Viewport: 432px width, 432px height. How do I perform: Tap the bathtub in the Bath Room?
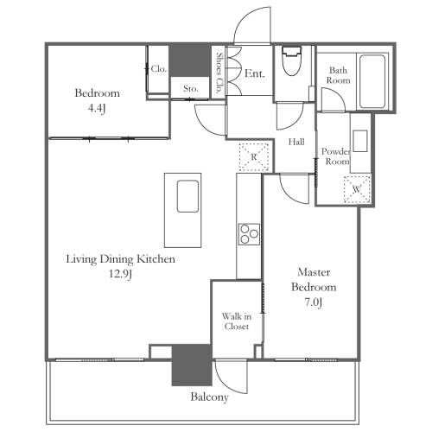372,81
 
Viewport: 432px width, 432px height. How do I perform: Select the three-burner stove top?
249,234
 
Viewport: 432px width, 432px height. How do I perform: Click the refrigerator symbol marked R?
254,157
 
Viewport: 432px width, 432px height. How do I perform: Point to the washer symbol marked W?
357,189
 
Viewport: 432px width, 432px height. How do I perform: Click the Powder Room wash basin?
360,141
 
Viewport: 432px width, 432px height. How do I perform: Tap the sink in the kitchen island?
187,196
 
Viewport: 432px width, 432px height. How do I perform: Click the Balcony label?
209,397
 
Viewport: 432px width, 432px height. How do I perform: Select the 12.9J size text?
120,274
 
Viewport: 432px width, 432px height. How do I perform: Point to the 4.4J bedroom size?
97,108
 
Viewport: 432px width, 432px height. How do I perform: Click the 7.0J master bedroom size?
314,302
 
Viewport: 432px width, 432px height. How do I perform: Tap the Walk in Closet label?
237,321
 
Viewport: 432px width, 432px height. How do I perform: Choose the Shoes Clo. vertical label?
219,73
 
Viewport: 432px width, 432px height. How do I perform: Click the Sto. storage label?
191,88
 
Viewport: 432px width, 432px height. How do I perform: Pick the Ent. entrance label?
255,73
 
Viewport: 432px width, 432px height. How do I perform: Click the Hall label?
296,142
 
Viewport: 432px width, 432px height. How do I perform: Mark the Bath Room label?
338,75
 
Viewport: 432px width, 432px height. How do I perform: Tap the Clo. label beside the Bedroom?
159,69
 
